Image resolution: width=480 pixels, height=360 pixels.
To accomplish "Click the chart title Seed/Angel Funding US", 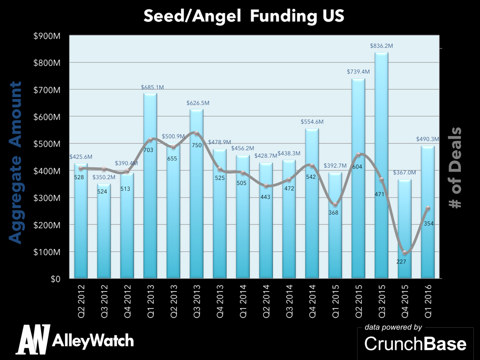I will pyautogui.click(x=244, y=16).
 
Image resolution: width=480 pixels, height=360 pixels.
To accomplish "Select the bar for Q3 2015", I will pyautogui.click(x=381, y=164).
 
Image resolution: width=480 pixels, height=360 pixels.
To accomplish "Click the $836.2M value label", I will pyautogui.click(x=381, y=46).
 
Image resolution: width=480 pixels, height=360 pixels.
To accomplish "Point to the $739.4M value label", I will pyautogui.click(x=358, y=72).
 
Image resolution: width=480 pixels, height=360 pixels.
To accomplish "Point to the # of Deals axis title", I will pyautogui.click(x=454, y=168).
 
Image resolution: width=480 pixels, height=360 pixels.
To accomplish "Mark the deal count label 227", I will pyautogui.click(x=401, y=261).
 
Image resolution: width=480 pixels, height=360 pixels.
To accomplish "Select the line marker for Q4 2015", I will pyautogui.click(x=404, y=253).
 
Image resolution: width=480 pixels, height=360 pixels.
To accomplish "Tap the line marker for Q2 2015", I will pyautogui.click(x=358, y=154).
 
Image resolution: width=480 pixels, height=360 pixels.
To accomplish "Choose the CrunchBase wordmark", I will pyautogui.click(x=415, y=344).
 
